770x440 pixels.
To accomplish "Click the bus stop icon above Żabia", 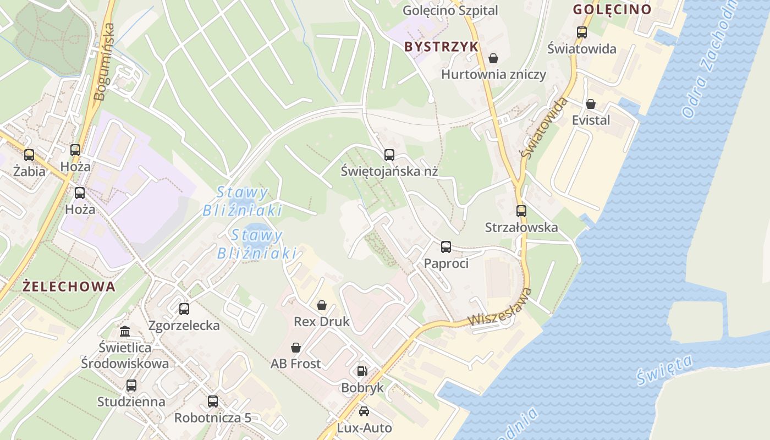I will click(29, 155).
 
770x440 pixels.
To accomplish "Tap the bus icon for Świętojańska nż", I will click(389, 155).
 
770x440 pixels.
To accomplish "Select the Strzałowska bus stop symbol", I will click(521, 211).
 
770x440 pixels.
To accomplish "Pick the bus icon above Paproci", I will click(446, 247).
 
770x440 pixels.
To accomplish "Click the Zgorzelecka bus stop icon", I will click(184, 309).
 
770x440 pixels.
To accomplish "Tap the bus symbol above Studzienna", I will click(131, 386).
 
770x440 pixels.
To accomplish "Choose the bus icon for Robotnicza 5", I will click(213, 402).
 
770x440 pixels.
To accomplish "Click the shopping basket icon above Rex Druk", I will click(322, 305).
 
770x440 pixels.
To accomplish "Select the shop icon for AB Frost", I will click(296, 348).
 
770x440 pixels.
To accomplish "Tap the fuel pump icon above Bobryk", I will click(362, 372).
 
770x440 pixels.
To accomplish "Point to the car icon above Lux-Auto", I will click(364, 411).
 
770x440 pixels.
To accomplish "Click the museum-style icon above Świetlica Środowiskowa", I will click(125, 331).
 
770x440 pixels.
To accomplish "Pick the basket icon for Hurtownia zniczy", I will click(493, 58).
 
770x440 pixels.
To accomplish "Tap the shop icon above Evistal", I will click(591, 104).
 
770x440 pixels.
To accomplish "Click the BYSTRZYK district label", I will click(442, 47).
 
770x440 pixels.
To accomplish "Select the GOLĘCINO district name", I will click(612, 9).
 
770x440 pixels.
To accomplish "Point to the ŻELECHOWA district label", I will click(69, 287).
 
